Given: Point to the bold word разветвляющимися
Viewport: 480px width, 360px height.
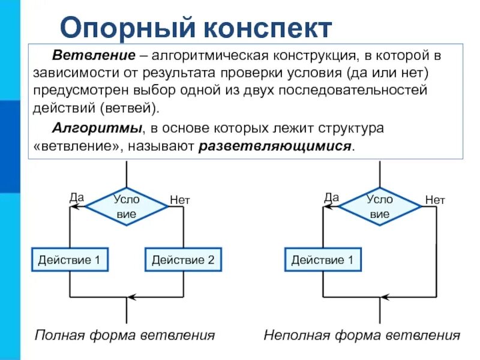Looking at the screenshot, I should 275,146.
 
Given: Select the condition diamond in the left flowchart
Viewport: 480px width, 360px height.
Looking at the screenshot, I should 127,206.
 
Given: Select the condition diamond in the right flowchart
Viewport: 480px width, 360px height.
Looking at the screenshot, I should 380,206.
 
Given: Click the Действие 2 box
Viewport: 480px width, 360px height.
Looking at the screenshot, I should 183,260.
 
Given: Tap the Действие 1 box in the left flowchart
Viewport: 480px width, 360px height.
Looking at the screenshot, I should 70,260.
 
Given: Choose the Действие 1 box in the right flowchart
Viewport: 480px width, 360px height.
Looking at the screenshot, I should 323,260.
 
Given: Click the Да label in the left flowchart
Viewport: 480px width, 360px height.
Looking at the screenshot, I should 76,196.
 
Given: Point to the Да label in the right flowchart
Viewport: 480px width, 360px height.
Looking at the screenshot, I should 331,196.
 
